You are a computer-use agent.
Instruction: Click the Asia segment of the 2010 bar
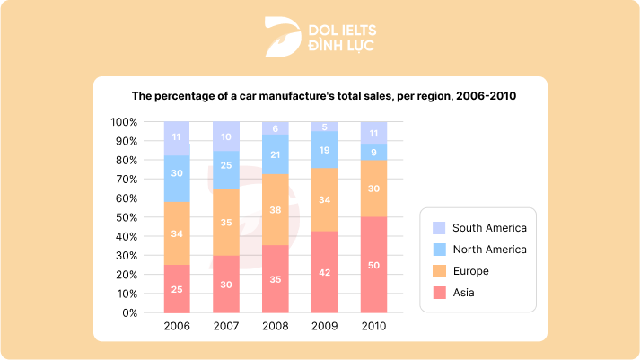pyautogui.click(x=373, y=265)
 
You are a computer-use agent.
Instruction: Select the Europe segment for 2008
pyautogui.click(x=275, y=209)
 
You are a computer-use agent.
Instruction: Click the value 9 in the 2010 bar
pyautogui.click(x=373, y=152)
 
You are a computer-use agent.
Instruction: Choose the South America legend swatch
pyautogui.click(x=439, y=228)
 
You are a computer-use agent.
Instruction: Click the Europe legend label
pyautogui.click(x=471, y=271)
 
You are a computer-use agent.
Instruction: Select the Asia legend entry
pyautogui.click(x=464, y=293)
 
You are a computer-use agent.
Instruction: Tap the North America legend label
pyautogui.click(x=489, y=250)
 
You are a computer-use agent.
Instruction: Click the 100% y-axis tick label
pyautogui.click(x=123, y=122)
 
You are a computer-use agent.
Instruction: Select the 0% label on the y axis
pyautogui.click(x=129, y=313)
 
